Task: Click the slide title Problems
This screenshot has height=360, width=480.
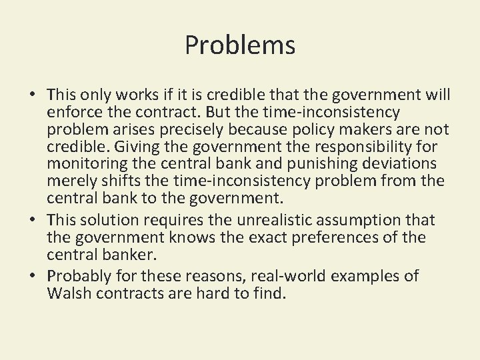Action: click(x=240, y=45)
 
